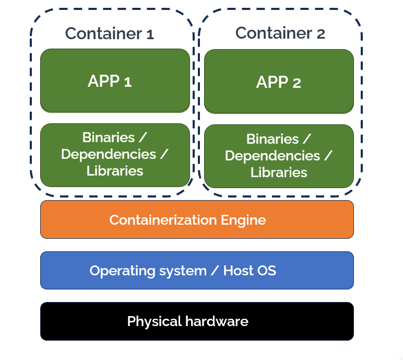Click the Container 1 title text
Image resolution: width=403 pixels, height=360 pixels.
click(x=110, y=34)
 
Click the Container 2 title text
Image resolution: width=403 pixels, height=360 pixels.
click(x=280, y=33)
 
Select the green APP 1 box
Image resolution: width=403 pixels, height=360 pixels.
click(x=115, y=81)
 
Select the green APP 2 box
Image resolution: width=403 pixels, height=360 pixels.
click(x=279, y=82)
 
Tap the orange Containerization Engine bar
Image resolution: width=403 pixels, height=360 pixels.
click(x=197, y=220)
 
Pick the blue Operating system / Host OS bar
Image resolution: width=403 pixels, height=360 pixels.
click(x=197, y=271)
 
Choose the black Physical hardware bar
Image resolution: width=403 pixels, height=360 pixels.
click(x=197, y=321)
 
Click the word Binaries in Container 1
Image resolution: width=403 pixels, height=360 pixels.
click(x=108, y=137)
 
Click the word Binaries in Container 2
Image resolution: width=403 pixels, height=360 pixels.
click(x=272, y=139)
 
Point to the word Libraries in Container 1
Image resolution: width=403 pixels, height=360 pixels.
click(x=115, y=171)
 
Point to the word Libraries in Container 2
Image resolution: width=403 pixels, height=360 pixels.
click(x=279, y=172)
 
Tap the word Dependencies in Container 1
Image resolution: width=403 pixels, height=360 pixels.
click(x=108, y=154)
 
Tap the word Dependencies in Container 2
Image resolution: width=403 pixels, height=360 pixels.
click(x=272, y=156)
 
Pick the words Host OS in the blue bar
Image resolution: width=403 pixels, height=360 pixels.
click(x=250, y=271)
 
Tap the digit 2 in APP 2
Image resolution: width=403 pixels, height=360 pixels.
click(x=296, y=83)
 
